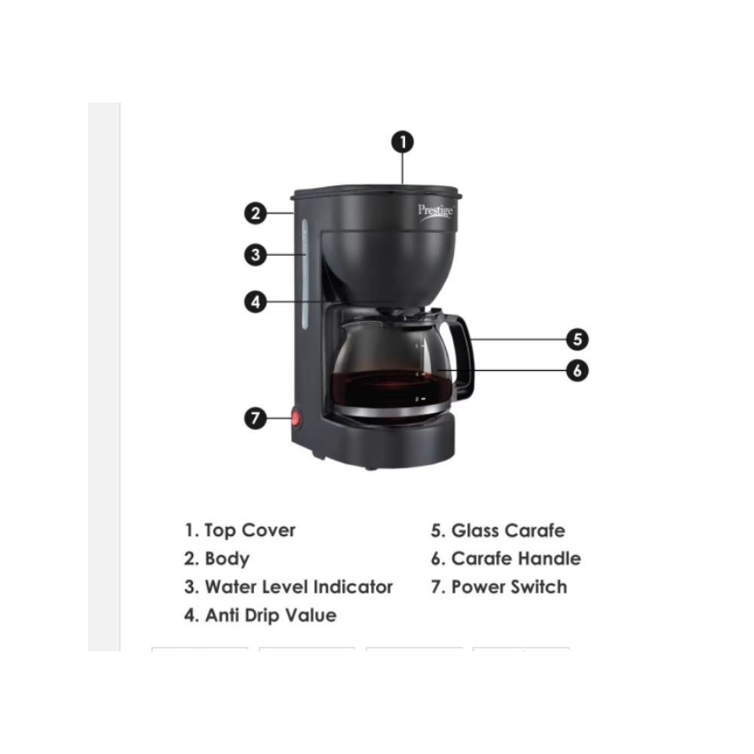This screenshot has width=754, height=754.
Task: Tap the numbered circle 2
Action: coord(256,213)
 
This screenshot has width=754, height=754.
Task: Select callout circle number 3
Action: coord(256,255)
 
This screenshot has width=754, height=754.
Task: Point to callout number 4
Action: coord(256,302)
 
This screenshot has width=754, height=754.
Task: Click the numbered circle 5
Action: coord(578,339)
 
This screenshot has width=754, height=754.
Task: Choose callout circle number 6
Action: coord(578,370)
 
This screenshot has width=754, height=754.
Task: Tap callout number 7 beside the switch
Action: coord(256,418)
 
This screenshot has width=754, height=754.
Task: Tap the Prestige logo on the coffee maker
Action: coord(436,211)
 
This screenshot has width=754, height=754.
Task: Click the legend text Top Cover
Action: coord(241,530)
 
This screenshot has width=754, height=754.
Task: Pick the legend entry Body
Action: coord(217,559)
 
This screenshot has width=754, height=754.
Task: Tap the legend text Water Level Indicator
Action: coord(289,587)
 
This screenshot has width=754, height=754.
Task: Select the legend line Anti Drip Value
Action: coord(261,615)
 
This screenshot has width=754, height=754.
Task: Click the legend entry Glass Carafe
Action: coord(498,531)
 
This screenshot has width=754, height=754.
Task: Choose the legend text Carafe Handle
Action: coord(506,559)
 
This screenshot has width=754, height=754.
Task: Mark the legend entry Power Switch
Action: coord(498,587)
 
